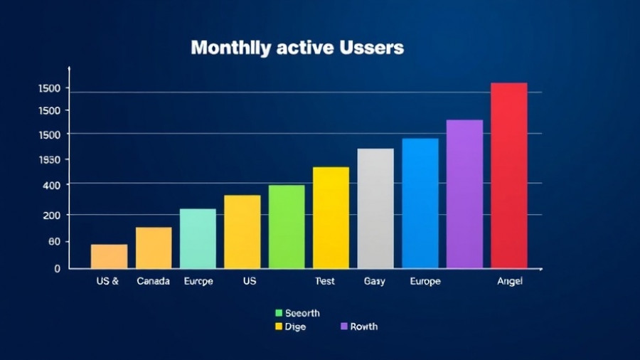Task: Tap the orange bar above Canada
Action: pos(154,248)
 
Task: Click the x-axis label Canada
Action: pos(153,281)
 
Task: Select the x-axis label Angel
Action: pos(509,281)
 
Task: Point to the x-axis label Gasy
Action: pos(374,281)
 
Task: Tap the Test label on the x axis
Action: pos(324,281)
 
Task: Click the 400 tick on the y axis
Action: pos(53,185)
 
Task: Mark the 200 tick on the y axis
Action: pos(53,215)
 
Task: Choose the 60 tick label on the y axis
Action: pos(54,242)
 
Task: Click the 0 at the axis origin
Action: pos(57,269)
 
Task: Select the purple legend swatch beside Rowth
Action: pos(344,327)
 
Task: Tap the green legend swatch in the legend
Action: pos(279,313)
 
